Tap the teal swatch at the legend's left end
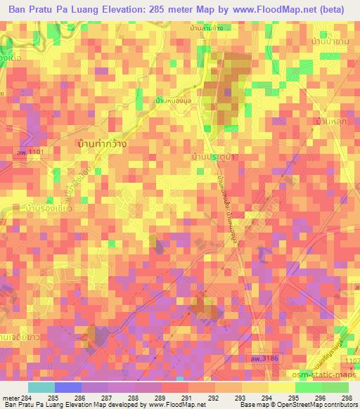pos(41,387)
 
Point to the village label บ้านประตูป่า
pos(214,158)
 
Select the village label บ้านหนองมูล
pos(175,100)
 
